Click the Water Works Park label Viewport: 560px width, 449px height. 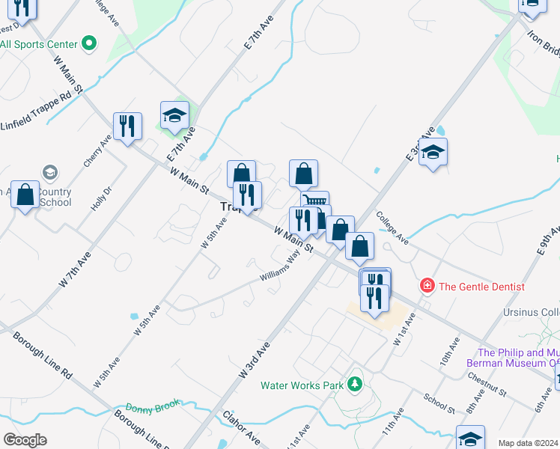click(301, 386)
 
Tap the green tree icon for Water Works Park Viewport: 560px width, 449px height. click(356, 386)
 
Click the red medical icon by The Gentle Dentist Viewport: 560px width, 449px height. click(427, 286)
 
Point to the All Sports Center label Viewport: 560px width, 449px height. click(38, 44)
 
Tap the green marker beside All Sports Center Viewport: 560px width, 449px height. click(89, 43)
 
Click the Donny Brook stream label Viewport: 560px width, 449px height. click(153, 408)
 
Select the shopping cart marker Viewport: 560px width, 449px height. click(315, 203)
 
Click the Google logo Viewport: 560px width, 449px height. click(25, 440)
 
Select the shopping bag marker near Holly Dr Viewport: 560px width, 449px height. click(25, 195)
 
